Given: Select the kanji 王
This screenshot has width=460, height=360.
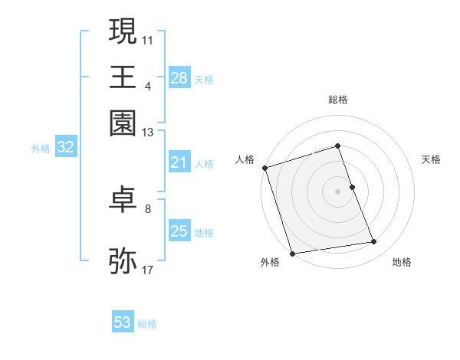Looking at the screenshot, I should pyautogui.click(x=123, y=77).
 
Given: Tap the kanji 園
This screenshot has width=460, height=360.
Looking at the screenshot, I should pyautogui.click(x=123, y=123).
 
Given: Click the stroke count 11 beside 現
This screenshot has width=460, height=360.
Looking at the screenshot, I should pyautogui.click(x=148, y=39).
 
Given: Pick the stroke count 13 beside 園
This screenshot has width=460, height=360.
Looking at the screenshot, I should pyautogui.click(x=148, y=133).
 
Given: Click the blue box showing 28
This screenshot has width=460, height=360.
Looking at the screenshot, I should pyautogui.click(x=179, y=77).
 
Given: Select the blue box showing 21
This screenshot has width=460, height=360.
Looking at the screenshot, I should pyautogui.click(x=179, y=162).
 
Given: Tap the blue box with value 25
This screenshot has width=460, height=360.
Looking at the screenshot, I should pyautogui.click(x=179, y=231).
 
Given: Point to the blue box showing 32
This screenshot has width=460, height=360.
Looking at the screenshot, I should pyautogui.click(x=65, y=148).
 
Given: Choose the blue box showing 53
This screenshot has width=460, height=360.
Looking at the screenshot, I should pyautogui.click(x=123, y=322).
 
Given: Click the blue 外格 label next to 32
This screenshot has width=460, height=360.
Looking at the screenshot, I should pyautogui.click(x=41, y=149).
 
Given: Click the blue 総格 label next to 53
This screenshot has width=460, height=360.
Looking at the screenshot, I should pyautogui.click(x=147, y=324).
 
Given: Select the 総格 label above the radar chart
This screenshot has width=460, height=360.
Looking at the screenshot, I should pyautogui.click(x=337, y=100).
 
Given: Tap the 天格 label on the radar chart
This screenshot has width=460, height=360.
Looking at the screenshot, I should pyautogui.click(x=431, y=159).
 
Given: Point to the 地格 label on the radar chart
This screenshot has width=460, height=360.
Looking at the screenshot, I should pyautogui.click(x=402, y=262).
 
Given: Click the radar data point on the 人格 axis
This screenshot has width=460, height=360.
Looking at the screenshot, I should pyautogui.click(x=265, y=168).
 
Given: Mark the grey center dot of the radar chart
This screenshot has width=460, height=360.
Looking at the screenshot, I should pyautogui.click(x=337, y=191).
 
